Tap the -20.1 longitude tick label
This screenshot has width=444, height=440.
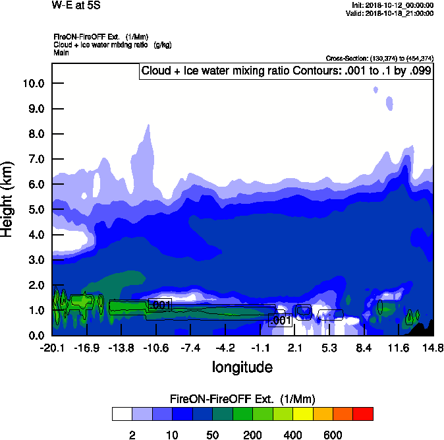click(x=52, y=348)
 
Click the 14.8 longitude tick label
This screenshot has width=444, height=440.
click(x=433, y=348)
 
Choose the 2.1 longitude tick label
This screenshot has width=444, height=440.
click(x=294, y=348)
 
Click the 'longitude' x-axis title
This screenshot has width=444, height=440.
click(x=242, y=366)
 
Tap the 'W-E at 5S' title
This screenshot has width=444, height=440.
click(x=76, y=5)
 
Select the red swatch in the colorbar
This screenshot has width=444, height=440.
click(x=363, y=414)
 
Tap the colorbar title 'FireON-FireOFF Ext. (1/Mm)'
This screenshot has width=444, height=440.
click(x=242, y=399)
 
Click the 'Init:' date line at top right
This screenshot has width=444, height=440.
click(x=393, y=5)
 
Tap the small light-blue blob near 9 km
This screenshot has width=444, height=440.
click(x=389, y=103)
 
